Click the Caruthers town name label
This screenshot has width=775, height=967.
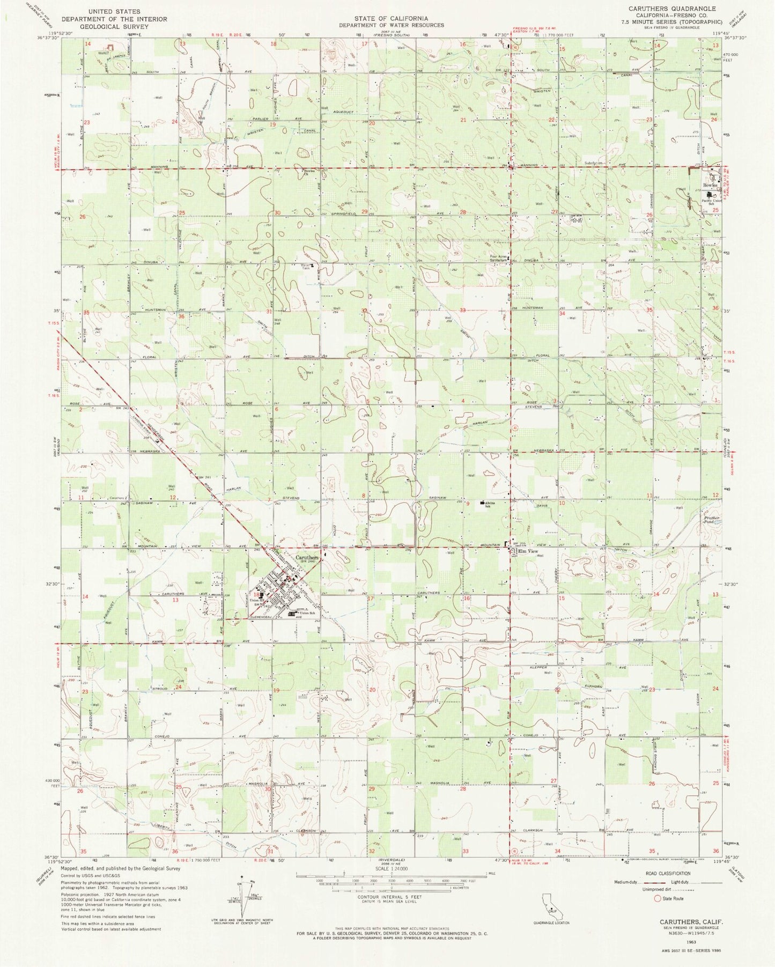(x=307, y=557)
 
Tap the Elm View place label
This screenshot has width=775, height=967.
(x=526, y=551)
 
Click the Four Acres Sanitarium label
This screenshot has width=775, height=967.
(x=500, y=257)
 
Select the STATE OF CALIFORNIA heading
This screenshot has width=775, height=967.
(x=391, y=18)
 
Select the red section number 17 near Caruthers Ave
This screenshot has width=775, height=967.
(x=370, y=598)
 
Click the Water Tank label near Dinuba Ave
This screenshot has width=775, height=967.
(x=307, y=266)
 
